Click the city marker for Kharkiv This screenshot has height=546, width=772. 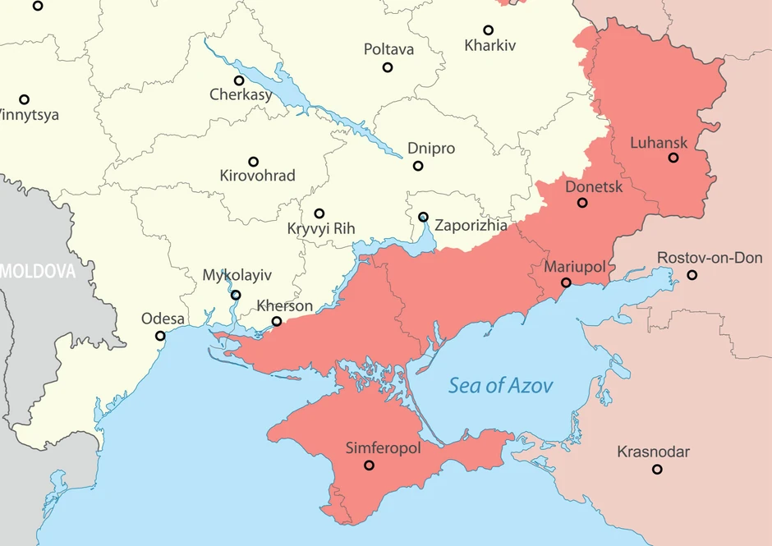(488, 30)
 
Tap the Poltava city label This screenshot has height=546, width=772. (388, 49)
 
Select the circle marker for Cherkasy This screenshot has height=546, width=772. (239, 80)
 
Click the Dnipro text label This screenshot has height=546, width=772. (430, 149)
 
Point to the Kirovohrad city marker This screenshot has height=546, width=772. (254, 162)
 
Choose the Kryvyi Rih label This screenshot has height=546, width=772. (321, 229)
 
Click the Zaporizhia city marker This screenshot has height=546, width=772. (423, 217)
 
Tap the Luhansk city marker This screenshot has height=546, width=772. (673, 158)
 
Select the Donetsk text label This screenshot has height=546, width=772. (594, 187)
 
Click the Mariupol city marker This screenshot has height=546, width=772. (566, 282)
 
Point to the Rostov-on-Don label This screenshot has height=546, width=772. (710, 258)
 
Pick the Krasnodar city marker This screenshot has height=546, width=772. (657, 469)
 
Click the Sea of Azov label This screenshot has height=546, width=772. (500, 385)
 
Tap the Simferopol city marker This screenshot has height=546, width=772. (369, 466)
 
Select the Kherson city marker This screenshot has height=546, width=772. (277, 321)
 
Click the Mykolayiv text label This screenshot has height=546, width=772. (237, 275)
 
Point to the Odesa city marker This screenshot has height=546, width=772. (160, 336)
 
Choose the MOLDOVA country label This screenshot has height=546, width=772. (37, 271)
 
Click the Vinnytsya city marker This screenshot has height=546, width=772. (25, 99)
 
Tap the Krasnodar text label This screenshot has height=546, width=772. (653, 452)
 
